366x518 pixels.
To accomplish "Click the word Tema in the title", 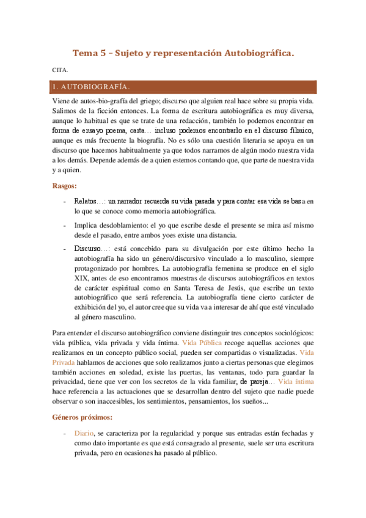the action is pyautogui.click(x=84, y=53).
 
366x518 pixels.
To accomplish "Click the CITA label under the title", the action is pyautogui.click(x=58, y=70).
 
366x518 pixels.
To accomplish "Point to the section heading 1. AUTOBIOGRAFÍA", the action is pyautogui.click(x=91, y=86).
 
